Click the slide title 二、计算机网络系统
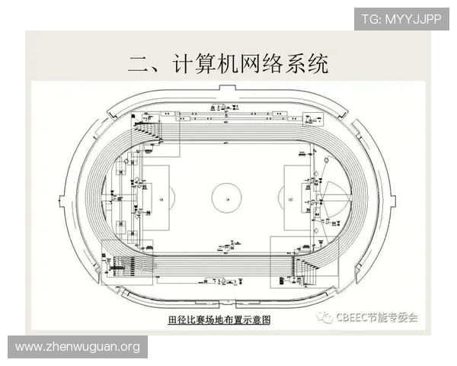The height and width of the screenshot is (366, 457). tap(228, 64)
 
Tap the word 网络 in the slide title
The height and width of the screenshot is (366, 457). tap(254, 64)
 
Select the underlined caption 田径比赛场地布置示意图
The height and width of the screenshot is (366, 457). tap(219, 321)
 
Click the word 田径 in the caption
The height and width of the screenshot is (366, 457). tap(177, 321)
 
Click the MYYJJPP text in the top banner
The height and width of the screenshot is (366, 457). tap(417, 18)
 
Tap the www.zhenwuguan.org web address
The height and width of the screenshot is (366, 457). tap(78, 347)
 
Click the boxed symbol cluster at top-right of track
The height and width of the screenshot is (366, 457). tap(312, 117)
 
